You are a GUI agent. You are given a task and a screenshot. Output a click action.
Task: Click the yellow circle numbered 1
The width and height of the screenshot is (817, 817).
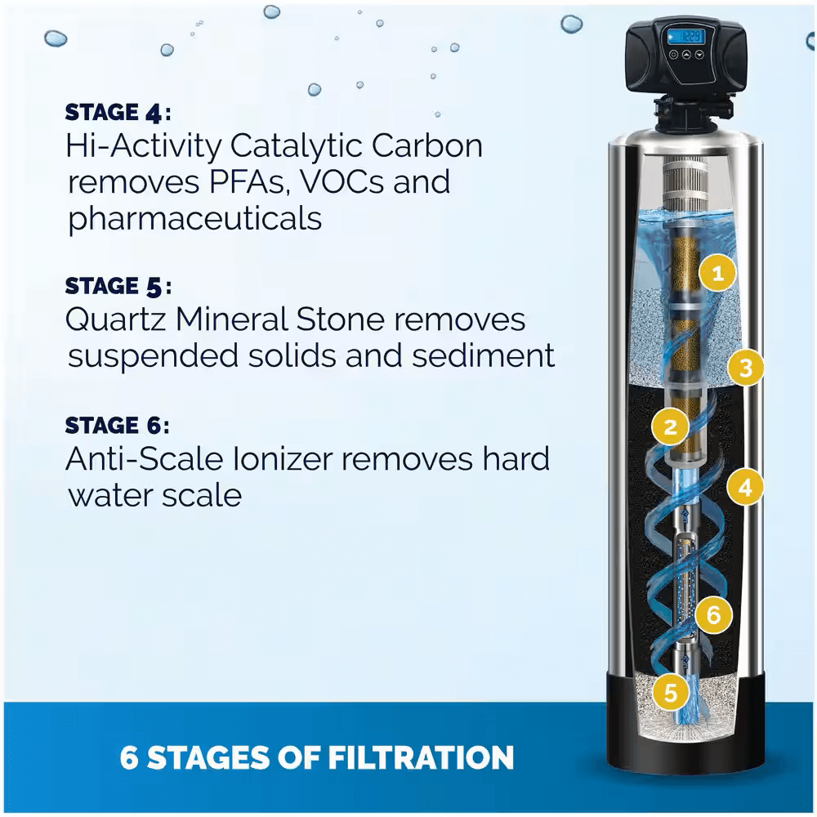(x=718, y=274)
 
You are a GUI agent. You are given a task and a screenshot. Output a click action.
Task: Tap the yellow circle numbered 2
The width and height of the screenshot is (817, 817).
(x=671, y=426)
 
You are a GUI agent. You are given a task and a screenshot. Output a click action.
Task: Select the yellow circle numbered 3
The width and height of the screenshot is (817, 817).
(x=744, y=368)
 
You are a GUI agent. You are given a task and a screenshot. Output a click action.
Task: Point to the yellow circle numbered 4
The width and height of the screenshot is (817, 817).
(x=744, y=488)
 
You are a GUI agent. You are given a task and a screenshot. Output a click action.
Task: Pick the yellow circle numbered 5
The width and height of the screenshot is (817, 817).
(x=671, y=693)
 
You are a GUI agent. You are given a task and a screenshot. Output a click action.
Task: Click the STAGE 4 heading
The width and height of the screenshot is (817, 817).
(x=118, y=112)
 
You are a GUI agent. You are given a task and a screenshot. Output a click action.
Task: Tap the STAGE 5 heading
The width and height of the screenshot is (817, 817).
(x=118, y=286)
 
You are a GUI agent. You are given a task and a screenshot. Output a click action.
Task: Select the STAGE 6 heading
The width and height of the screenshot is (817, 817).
(x=118, y=426)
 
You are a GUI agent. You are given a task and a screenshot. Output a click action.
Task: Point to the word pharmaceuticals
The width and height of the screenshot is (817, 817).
(x=194, y=219)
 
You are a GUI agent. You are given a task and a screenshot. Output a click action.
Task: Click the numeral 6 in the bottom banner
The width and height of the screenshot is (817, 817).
(x=129, y=757)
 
